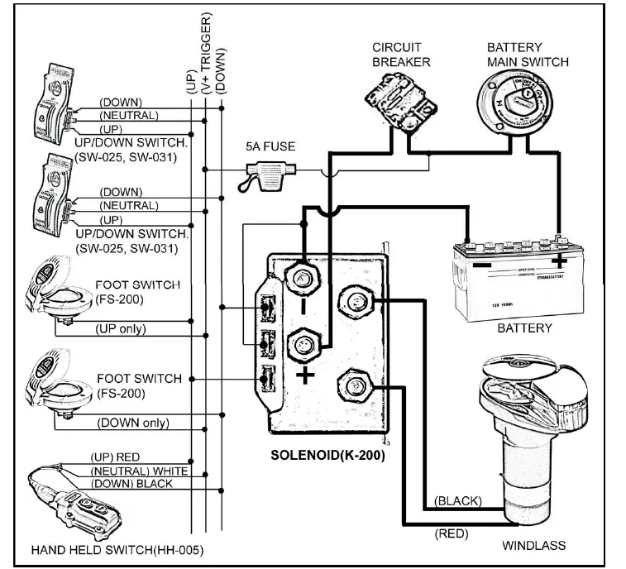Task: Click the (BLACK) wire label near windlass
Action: (457, 501)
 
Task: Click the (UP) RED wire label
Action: (117, 457)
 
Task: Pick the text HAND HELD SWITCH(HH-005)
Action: (117, 549)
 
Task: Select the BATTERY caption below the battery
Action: (524, 328)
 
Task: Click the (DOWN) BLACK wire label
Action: (132, 484)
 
